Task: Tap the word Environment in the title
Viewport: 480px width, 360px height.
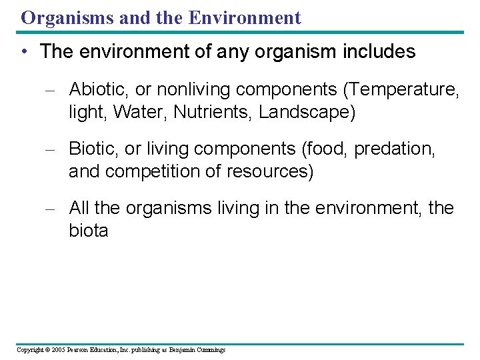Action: [x=245, y=18]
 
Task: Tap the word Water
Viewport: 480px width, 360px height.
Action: [x=140, y=113]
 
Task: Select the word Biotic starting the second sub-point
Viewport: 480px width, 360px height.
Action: [x=89, y=149]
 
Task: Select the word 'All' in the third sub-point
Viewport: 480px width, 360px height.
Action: [x=79, y=209]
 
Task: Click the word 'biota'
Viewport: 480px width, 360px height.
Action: [x=88, y=232]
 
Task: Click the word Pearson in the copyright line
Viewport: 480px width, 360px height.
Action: [x=79, y=350]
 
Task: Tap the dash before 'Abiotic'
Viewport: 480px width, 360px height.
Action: [x=49, y=89]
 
